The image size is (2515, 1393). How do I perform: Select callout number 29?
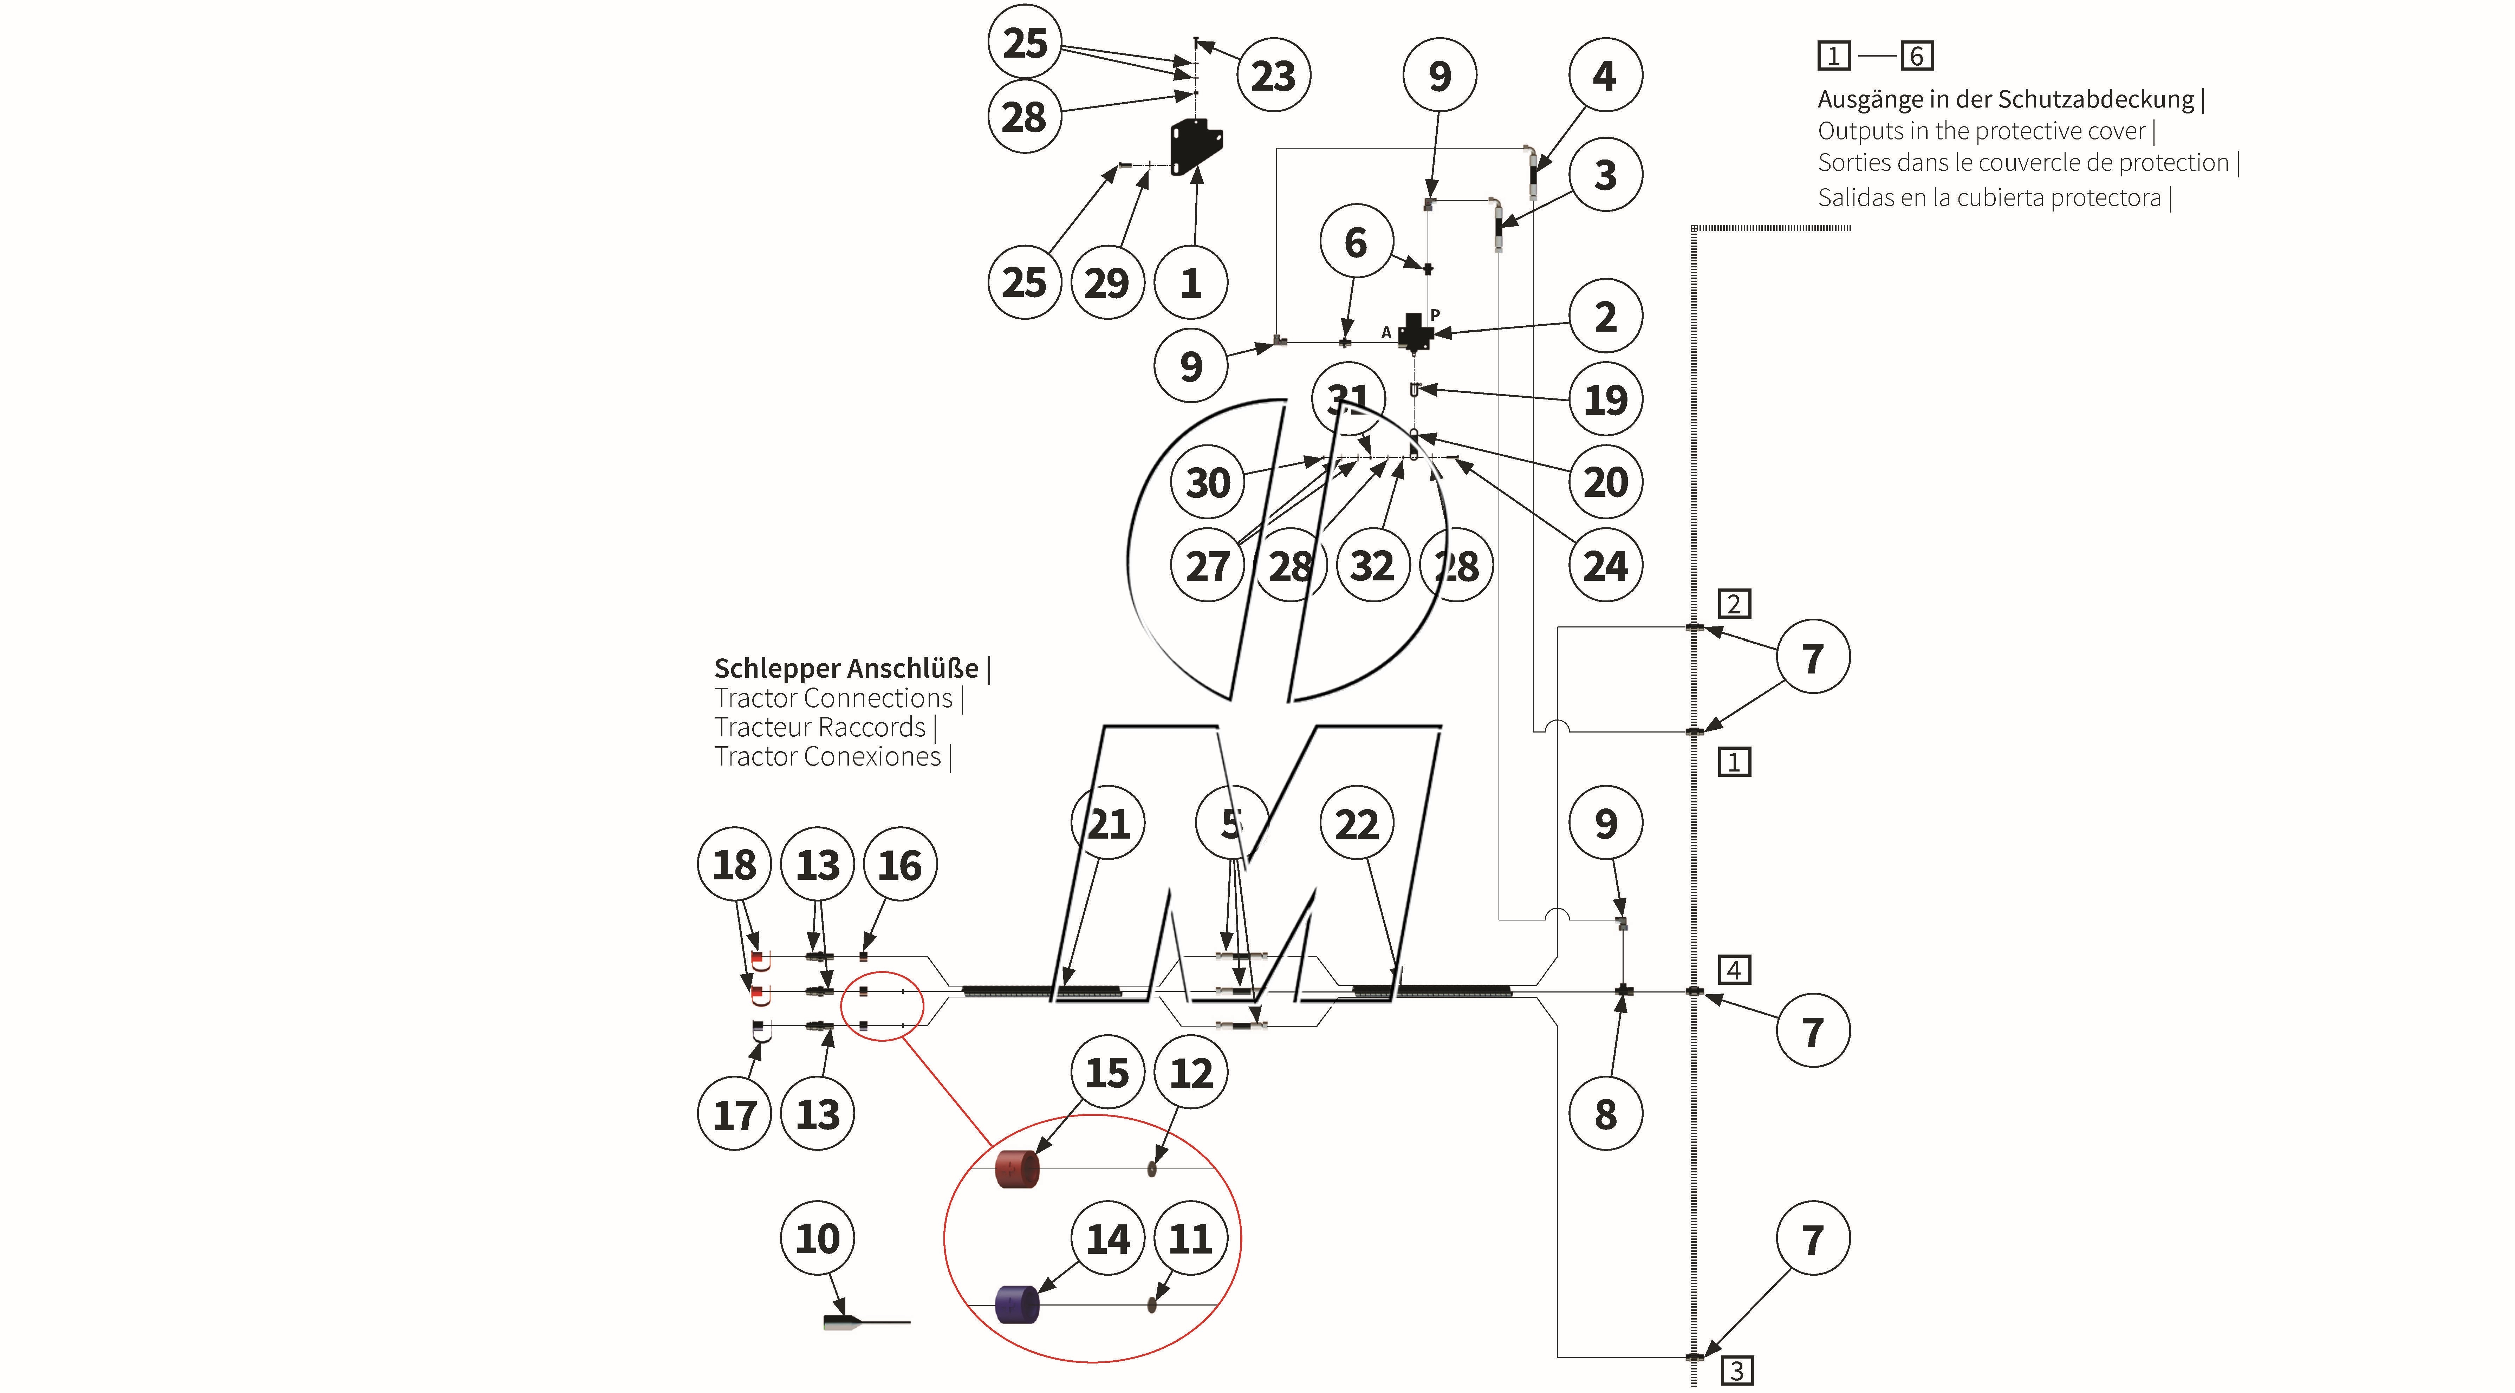coord(1107,283)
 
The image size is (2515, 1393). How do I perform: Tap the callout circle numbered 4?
coord(1605,75)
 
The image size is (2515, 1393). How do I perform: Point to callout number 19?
coord(1605,399)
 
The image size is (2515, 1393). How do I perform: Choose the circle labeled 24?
coord(1605,565)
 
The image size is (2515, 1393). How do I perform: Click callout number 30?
coord(1208,482)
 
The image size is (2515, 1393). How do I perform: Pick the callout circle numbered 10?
coord(817,1239)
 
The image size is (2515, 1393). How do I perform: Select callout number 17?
coord(734,1114)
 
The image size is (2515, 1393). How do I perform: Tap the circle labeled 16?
coord(899,865)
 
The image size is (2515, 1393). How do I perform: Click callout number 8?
coord(1605,1114)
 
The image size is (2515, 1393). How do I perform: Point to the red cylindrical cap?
coord(1016,1169)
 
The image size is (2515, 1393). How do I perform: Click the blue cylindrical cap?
coord(1016,1305)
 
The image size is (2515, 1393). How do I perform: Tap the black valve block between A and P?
coord(1414,332)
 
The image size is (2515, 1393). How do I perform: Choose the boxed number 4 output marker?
coord(1734,969)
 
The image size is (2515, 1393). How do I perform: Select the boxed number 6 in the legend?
coord(1917,57)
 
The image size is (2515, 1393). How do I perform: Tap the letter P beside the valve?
coord(1435,314)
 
